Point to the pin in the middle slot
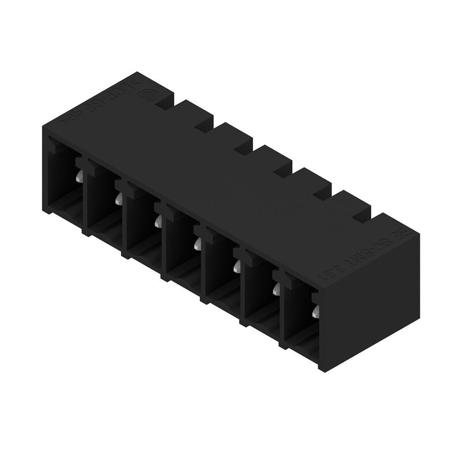tap(197, 243)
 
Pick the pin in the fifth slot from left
tap(236, 266)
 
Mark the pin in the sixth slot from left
tap(275, 288)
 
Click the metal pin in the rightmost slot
tap(315, 312)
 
